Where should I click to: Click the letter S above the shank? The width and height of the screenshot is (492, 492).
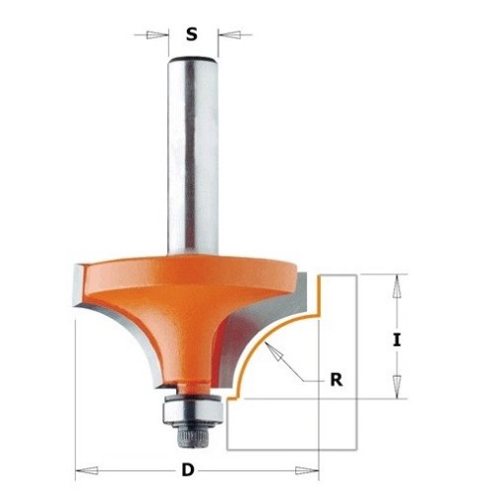tap(192, 34)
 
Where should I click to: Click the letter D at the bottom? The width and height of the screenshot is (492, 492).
tap(187, 470)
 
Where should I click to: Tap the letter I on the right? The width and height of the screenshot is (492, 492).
tap(397, 339)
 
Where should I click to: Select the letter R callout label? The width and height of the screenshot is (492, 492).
tap(337, 380)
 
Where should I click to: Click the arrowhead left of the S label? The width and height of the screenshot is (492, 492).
tap(156, 35)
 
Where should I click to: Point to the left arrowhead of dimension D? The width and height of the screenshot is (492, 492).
tap(87, 470)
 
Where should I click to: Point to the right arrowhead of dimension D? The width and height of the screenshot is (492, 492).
tap(307, 470)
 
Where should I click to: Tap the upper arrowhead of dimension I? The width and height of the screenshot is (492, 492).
tap(398, 286)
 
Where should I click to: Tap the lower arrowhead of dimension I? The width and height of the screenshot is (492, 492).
tap(398, 387)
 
